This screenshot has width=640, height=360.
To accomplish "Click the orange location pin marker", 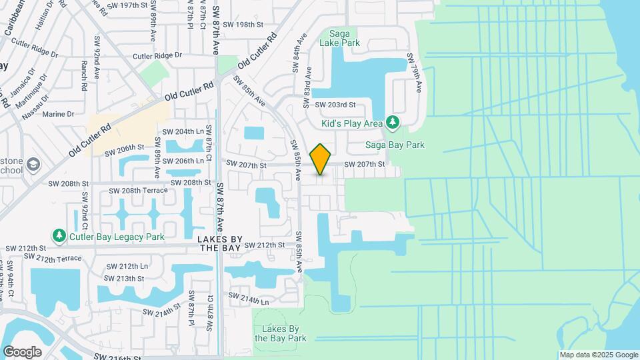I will (321, 159).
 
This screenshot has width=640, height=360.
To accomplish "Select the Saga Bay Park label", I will (394, 145).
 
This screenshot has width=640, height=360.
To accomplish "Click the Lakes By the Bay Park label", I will (280, 333).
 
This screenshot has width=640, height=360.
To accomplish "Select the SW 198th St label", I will (244, 25).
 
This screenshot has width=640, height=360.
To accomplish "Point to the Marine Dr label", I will (58, 114).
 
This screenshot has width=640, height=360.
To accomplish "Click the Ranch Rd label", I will (85, 77).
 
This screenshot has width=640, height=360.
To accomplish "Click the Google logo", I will (22, 351).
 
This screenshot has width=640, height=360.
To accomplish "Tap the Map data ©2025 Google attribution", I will (599, 355).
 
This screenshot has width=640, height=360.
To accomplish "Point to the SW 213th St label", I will (126, 278).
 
